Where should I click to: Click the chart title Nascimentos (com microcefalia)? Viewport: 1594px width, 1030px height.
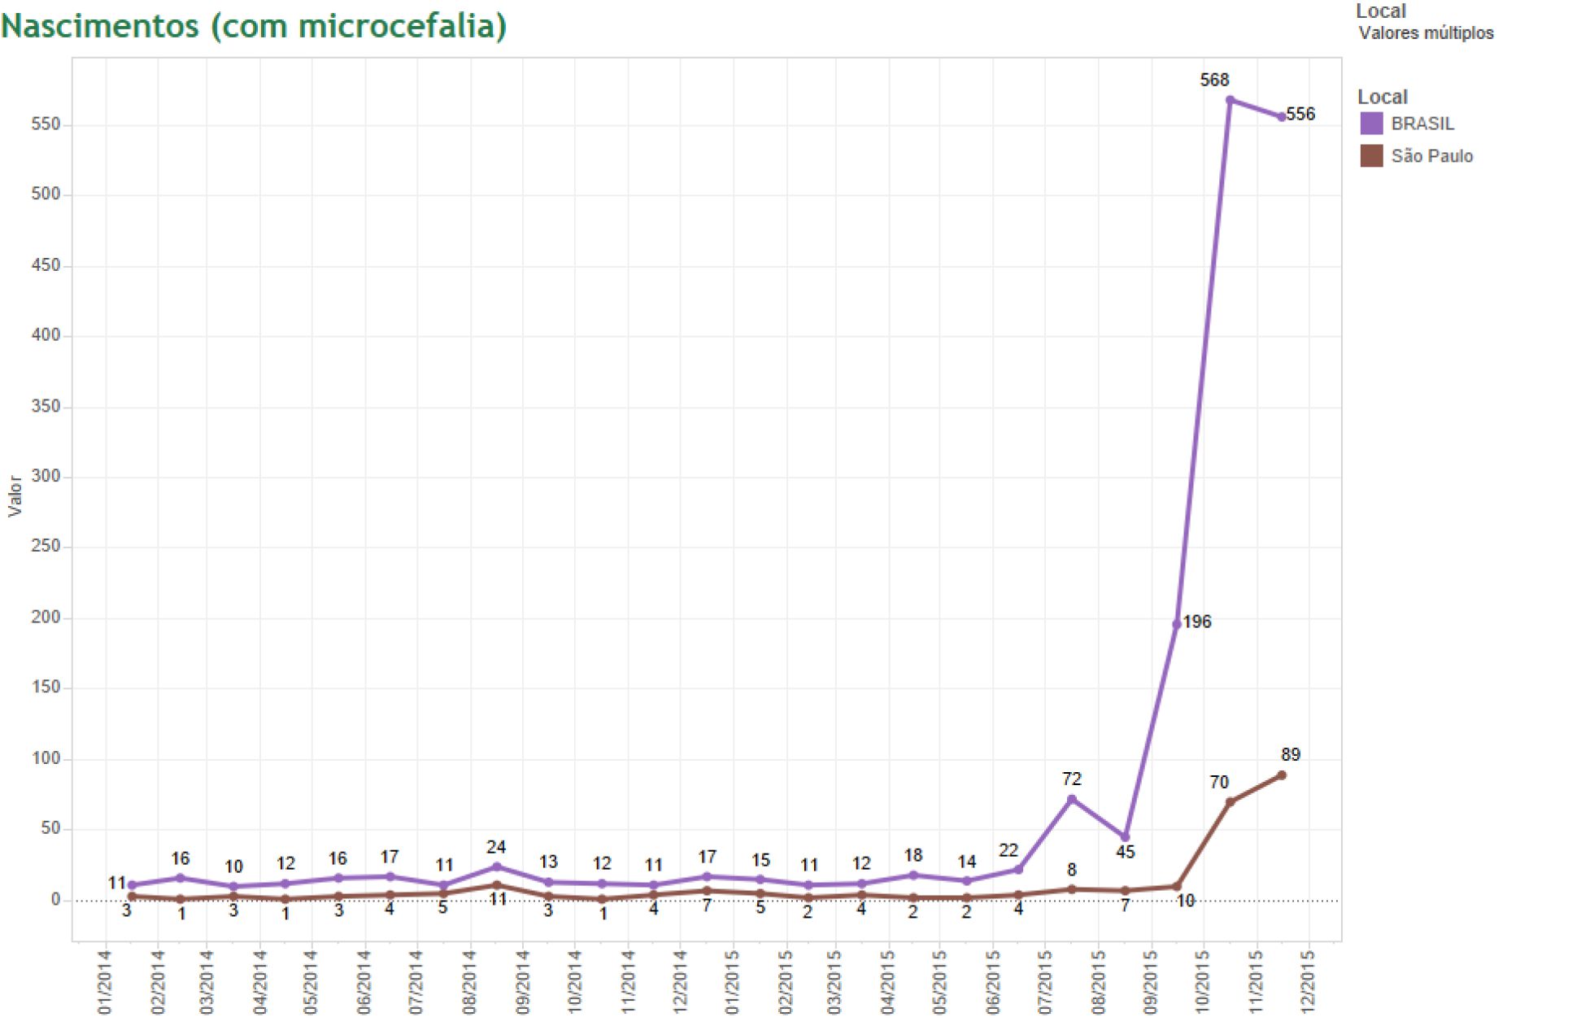pyautogui.click(x=254, y=26)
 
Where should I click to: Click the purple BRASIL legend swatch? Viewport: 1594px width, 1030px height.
pyautogui.click(x=1371, y=124)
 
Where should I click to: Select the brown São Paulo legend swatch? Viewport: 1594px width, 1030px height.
pyautogui.click(x=1371, y=155)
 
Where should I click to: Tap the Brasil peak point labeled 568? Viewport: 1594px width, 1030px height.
pyautogui.click(x=1230, y=100)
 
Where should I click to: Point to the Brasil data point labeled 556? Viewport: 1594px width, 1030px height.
pyautogui.click(x=1282, y=117)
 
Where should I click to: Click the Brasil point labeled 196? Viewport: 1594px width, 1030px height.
pyautogui.click(x=1176, y=624)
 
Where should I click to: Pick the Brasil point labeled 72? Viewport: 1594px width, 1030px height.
pyautogui.click(x=1071, y=799)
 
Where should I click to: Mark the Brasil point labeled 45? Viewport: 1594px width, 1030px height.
pyautogui.click(x=1126, y=837)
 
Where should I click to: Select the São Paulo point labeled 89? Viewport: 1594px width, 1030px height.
pyautogui.click(x=1282, y=775)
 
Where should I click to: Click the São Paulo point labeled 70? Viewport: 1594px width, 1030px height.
pyautogui.click(x=1230, y=802)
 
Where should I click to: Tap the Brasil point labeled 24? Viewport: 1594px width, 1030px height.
pyautogui.click(x=496, y=866)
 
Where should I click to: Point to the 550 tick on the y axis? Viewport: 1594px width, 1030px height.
pyautogui.click(x=46, y=124)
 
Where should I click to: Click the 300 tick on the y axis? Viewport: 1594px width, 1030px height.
pyautogui.click(x=46, y=477)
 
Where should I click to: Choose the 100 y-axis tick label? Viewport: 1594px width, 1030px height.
pyautogui.click(x=46, y=758)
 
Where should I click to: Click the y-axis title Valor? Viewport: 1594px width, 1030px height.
pyautogui.click(x=15, y=496)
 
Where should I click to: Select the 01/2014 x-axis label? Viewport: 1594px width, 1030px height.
pyautogui.click(x=105, y=983)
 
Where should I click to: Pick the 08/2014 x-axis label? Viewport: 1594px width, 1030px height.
pyautogui.click(x=469, y=983)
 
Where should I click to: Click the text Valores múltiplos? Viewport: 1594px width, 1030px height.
pyautogui.click(x=1426, y=33)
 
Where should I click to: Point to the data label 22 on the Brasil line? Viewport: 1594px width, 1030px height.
pyautogui.click(x=1008, y=850)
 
